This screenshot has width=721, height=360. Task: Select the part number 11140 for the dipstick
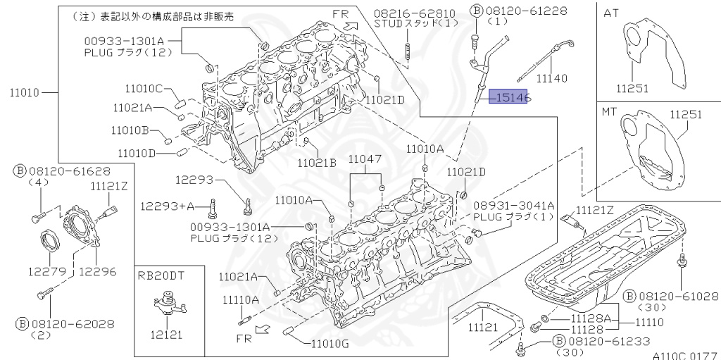(x=551, y=78)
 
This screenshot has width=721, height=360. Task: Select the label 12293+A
(x=167, y=206)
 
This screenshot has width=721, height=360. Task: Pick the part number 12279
(x=48, y=271)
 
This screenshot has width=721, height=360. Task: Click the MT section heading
(x=610, y=111)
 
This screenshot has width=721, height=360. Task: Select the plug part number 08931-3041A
(x=513, y=205)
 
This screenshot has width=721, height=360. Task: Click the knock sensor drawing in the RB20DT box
(x=166, y=304)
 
